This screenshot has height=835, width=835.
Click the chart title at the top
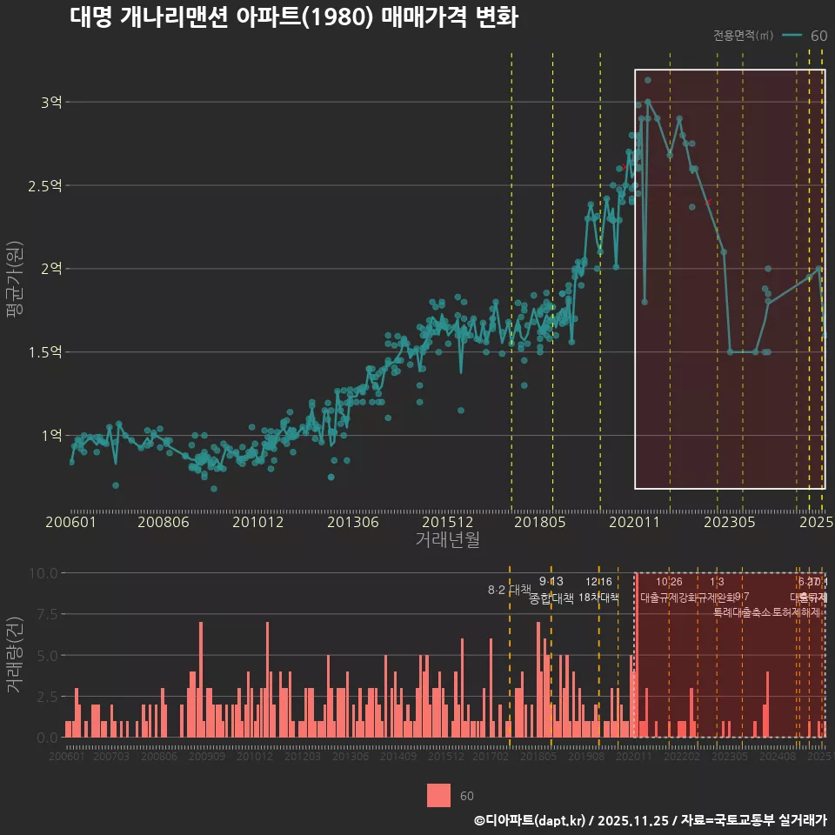coord(294,18)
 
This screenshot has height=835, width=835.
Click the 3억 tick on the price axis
coord(51,103)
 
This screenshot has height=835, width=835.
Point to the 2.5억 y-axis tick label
coord(45,186)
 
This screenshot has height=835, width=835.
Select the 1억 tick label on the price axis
coord(51,435)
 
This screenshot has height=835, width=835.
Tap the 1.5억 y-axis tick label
coord(45,352)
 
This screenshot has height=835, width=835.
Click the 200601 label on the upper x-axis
coord(71,522)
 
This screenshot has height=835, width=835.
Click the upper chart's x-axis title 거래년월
coord(447,540)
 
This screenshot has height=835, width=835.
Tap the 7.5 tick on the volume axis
coord(44,614)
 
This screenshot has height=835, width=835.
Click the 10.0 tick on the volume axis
coord(42,573)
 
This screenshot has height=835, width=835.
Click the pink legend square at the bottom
coord(439,795)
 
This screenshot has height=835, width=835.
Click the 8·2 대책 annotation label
coord(510,590)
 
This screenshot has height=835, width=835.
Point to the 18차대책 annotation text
coord(598,598)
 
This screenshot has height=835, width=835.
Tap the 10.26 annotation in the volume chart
coord(669,582)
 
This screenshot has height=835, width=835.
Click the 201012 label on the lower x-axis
coord(255,757)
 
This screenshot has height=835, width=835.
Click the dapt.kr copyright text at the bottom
coord(650,819)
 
